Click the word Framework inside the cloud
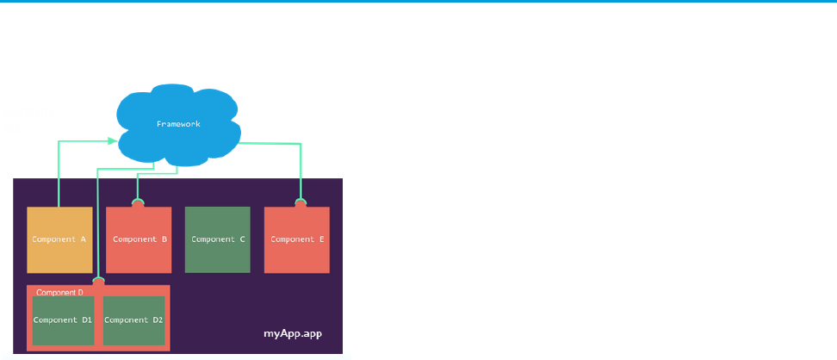click(x=177, y=124)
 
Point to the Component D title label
click(x=59, y=292)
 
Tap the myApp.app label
click(x=292, y=332)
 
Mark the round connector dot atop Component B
click(x=138, y=204)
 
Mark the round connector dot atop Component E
click(x=301, y=204)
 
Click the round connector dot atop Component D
click(x=99, y=281)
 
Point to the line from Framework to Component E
click(x=301, y=172)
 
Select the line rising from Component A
click(x=58, y=172)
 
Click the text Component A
click(x=59, y=239)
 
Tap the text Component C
click(x=218, y=239)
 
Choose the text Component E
click(x=297, y=239)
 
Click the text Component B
click(x=139, y=239)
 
